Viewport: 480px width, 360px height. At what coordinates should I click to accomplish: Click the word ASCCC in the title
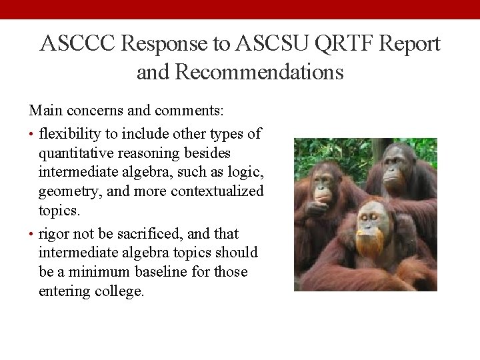[x=79, y=44]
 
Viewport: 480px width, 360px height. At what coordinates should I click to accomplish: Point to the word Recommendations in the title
[x=259, y=71]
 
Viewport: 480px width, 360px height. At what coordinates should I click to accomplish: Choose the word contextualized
[x=217, y=191]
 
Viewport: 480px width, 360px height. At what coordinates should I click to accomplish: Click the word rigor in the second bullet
[x=55, y=233]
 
